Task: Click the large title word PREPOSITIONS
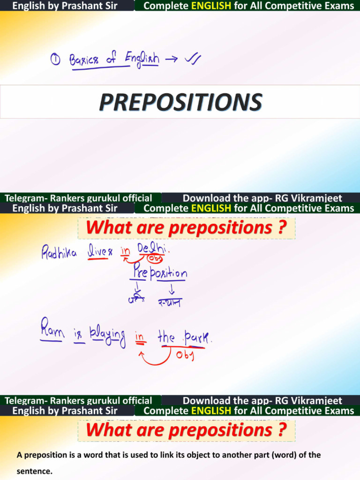180,102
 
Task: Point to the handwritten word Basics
84,60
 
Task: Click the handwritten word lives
101,252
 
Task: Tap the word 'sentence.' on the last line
34,471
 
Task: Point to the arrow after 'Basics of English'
171,60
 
